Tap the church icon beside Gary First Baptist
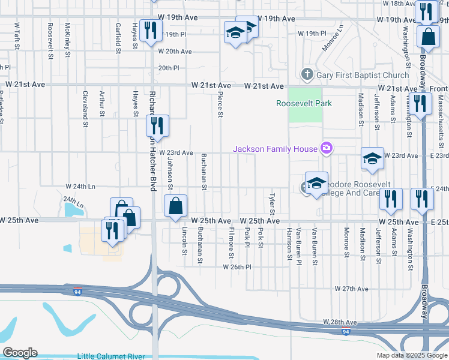click(307, 74)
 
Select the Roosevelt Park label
click(304, 103)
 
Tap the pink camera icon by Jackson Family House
click(327, 148)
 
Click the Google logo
click(20, 353)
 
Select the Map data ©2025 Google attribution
click(412, 355)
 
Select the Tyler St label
click(272, 204)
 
